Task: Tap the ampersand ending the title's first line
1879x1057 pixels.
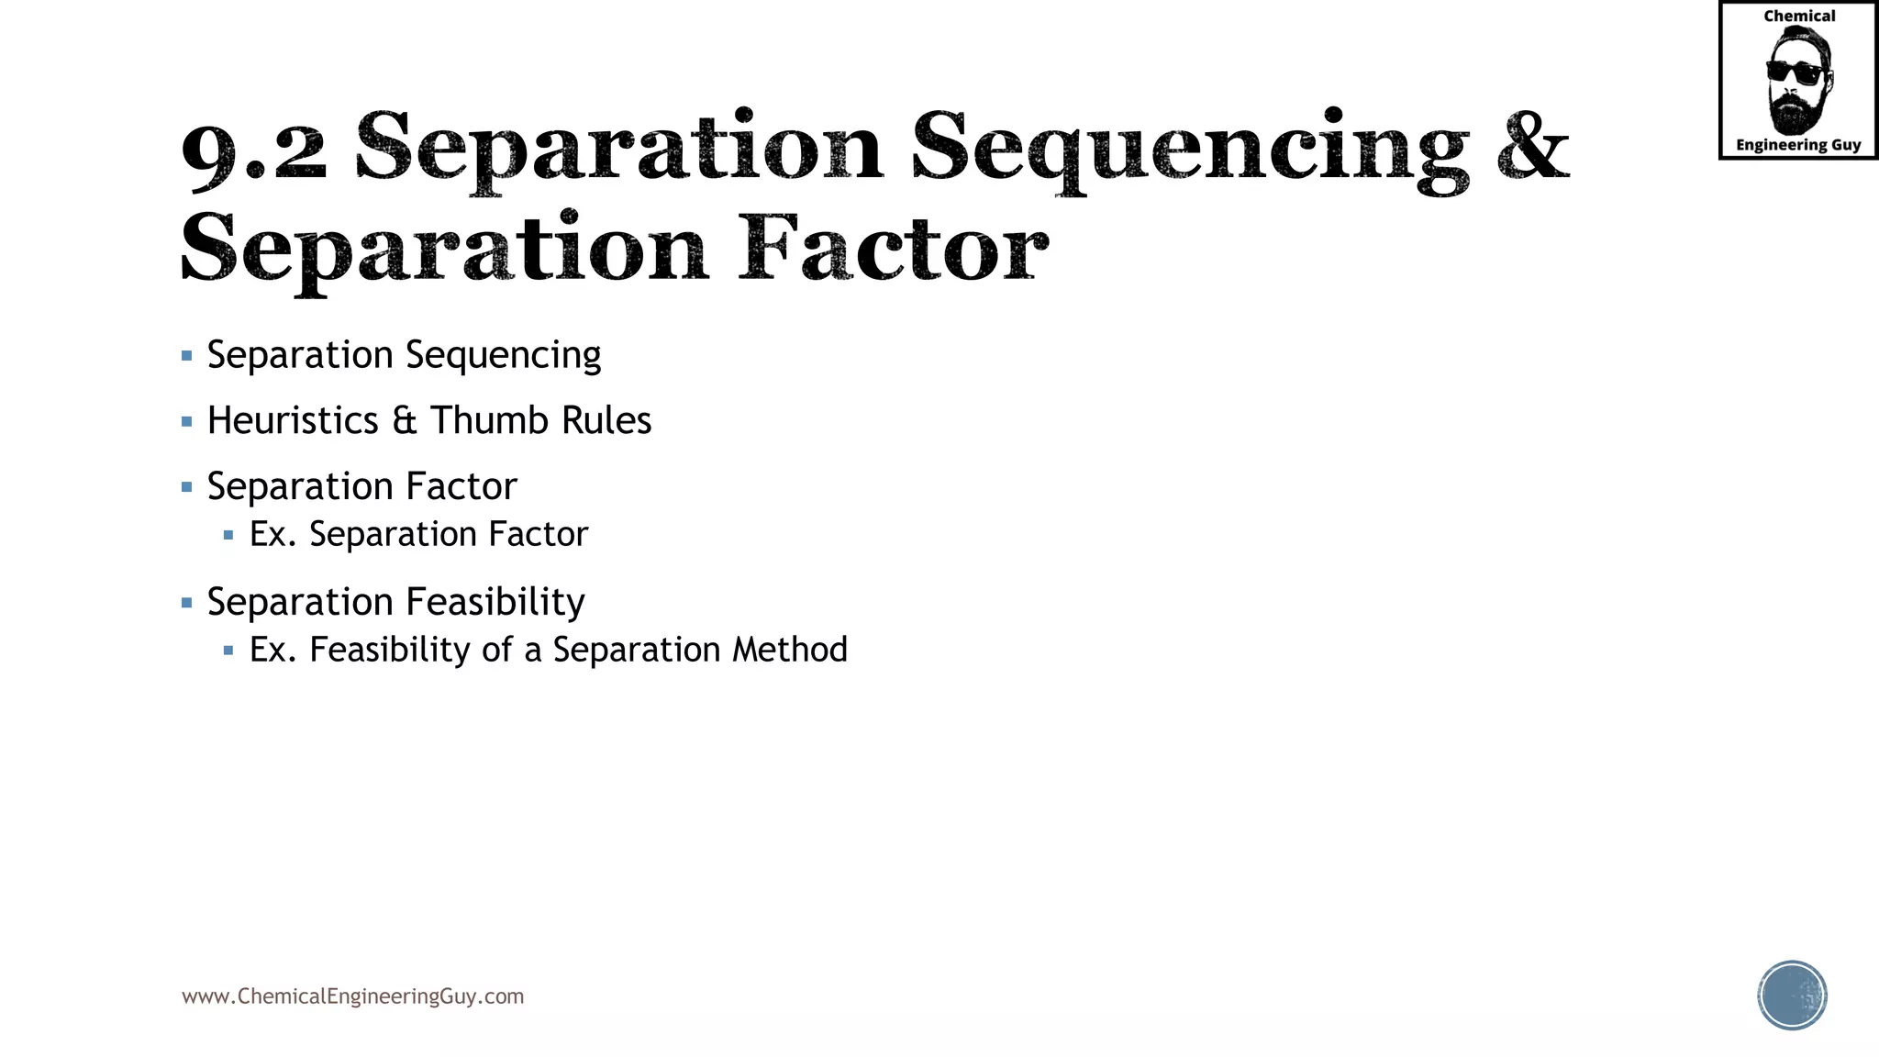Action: [x=1532, y=147]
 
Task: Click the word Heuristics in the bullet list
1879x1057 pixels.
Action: [x=293, y=420]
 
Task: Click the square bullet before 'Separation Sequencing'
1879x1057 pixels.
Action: [x=187, y=355]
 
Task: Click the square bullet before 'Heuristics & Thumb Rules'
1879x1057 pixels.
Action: [x=187, y=421]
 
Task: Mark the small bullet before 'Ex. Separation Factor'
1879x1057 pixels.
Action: [x=228, y=534]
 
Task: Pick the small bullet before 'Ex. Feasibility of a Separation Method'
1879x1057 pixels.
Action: [x=228, y=650]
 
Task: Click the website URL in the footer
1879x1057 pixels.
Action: [x=352, y=996]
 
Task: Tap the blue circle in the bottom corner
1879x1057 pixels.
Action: [x=1792, y=996]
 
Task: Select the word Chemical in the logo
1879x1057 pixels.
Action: [x=1799, y=16]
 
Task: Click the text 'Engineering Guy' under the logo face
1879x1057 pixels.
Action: [x=1798, y=145]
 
